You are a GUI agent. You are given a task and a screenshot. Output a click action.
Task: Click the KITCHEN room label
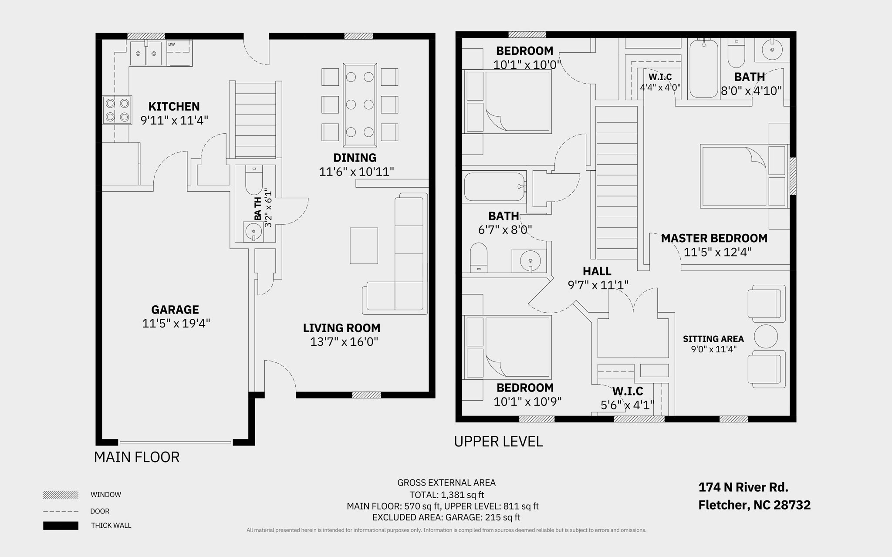[174, 106]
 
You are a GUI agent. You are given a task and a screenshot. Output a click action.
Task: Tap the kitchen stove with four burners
[117, 110]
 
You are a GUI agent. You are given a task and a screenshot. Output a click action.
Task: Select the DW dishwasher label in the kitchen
[172, 44]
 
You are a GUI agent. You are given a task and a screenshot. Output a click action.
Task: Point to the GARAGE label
[175, 310]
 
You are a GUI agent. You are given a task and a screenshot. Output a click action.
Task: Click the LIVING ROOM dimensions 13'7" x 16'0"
[344, 341]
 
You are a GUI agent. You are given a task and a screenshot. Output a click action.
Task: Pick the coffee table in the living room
[364, 246]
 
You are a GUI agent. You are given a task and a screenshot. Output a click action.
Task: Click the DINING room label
[355, 158]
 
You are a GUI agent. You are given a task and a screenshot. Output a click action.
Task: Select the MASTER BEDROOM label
[714, 238]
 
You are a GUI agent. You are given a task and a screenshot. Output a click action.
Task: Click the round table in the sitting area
[765, 336]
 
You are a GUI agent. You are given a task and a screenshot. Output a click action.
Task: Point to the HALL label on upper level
[597, 271]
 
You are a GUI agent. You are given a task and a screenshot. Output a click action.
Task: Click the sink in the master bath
[772, 50]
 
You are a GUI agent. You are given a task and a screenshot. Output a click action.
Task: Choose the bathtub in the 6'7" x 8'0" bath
[495, 187]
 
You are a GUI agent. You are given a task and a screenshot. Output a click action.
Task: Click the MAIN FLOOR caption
[137, 457]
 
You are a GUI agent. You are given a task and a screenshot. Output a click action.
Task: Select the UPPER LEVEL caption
[498, 442]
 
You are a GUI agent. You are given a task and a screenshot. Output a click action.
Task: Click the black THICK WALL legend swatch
[61, 526]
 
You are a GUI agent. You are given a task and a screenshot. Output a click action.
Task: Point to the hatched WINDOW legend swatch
[61, 495]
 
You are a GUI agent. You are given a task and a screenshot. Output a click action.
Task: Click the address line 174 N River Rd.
[743, 487]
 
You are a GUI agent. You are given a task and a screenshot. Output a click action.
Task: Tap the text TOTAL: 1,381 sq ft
[446, 495]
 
